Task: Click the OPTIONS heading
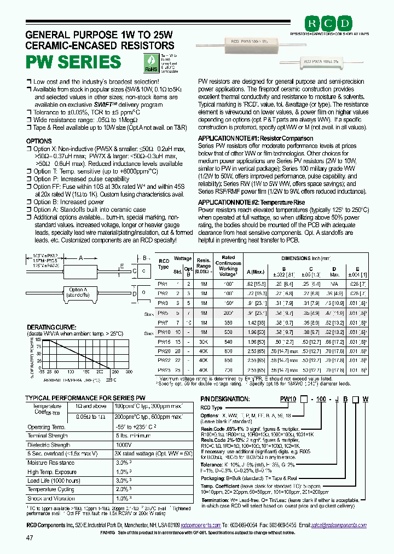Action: (39, 141)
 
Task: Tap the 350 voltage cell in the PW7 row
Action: (228, 323)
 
